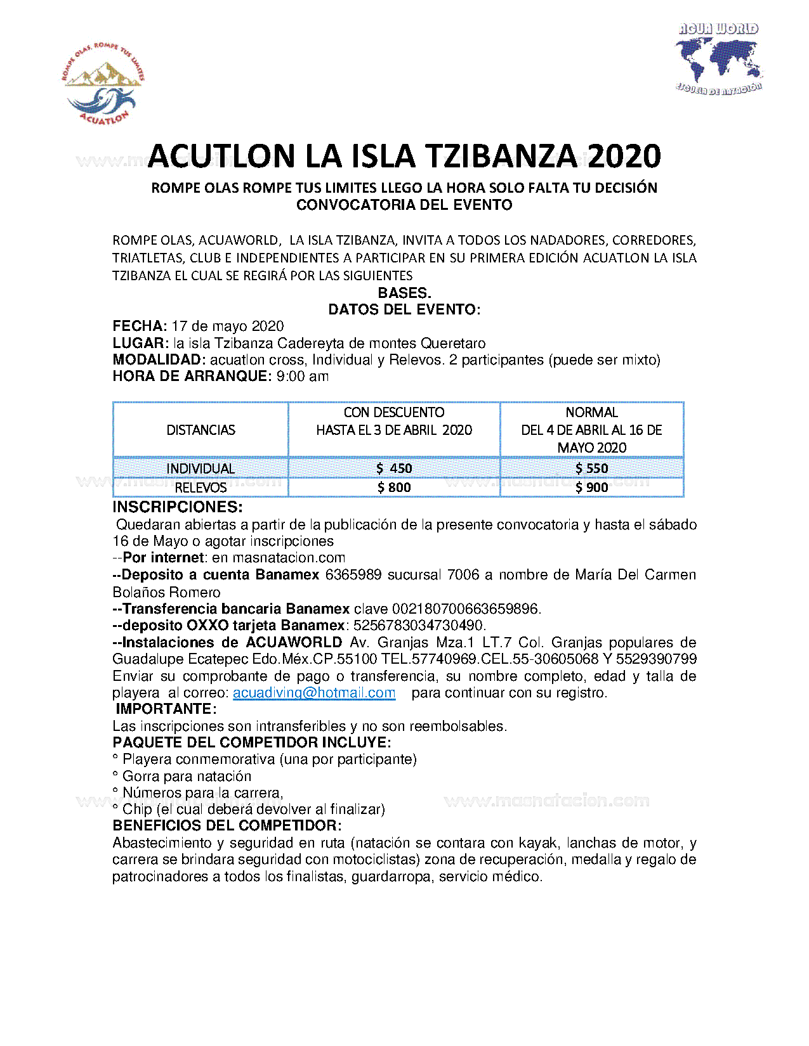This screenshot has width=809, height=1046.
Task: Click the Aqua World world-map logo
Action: pyautogui.click(x=718, y=60)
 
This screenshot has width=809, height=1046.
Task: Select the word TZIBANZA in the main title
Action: pyautogui.click(x=500, y=157)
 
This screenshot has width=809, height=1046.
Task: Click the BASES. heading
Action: pyautogui.click(x=404, y=293)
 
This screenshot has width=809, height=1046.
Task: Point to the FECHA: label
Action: pyautogui.click(x=140, y=326)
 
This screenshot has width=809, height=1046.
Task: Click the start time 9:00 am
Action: pyautogui.click(x=303, y=377)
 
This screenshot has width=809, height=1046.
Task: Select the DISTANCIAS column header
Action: pyautogui.click(x=201, y=430)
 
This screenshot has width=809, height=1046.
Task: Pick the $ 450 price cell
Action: pyautogui.click(x=394, y=468)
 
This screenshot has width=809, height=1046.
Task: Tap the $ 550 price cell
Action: pyautogui.click(x=591, y=468)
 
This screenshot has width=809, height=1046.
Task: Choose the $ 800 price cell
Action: pyautogui.click(x=394, y=487)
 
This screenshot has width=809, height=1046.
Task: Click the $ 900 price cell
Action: pyautogui.click(x=591, y=487)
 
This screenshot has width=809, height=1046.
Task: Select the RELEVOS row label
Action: pyautogui.click(x=201, y=487)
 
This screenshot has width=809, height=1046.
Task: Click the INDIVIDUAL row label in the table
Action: pyautogui.click(x=201, y=468)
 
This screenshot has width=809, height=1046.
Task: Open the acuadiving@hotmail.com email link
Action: pyautogui.click(x=314, y=693)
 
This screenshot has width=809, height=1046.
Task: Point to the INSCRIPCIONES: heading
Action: pyautogui.click(x=178, y=507)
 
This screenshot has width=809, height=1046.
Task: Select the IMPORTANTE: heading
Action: pyautogui.click(x=166, y=709)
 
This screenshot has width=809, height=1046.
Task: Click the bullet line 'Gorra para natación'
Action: pyautogui.click(x=187, y=777)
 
